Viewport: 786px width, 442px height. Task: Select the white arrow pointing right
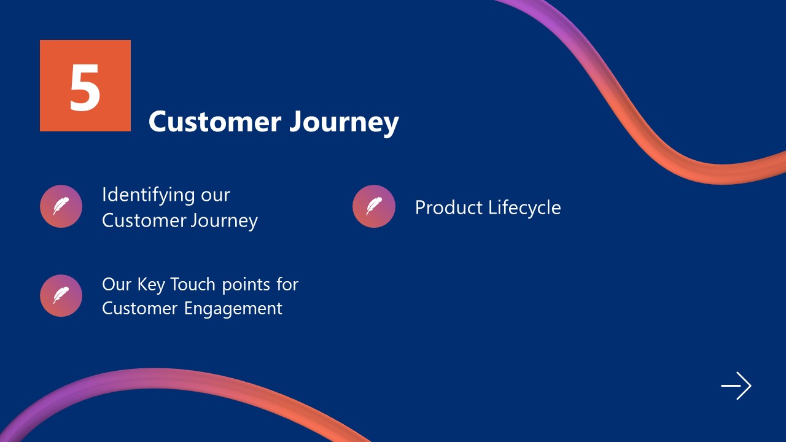coord(736,386)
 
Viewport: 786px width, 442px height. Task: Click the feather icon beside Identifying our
coord(61,206)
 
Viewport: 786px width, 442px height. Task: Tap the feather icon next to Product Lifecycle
coord(373,206)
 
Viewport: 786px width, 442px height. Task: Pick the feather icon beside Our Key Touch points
coord(61,296)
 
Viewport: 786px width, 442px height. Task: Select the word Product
coord(449,207)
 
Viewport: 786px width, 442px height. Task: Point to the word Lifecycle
coord(524,208)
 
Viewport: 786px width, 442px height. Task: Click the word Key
coord(150,285)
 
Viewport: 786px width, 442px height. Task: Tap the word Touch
coord(192,285)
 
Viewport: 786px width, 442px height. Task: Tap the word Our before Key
coord(117,285)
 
